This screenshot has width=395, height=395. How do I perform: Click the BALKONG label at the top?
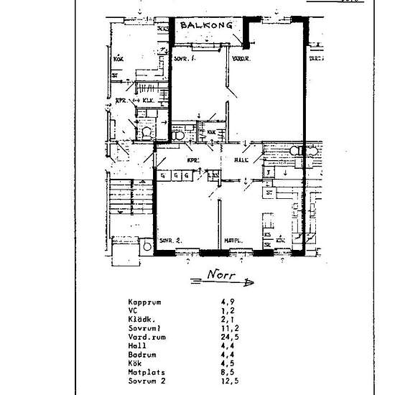click(206, 25)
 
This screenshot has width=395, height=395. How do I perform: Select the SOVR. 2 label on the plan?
click(169, 239)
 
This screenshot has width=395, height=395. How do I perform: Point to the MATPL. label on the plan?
click(231, 241)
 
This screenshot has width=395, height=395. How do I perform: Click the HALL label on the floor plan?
click(241, 160)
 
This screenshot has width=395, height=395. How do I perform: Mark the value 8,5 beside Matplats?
click(228, 372)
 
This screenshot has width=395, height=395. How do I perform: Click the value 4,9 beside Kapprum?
click(228, 302)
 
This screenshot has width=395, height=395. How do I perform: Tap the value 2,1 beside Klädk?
click(228, 319)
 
